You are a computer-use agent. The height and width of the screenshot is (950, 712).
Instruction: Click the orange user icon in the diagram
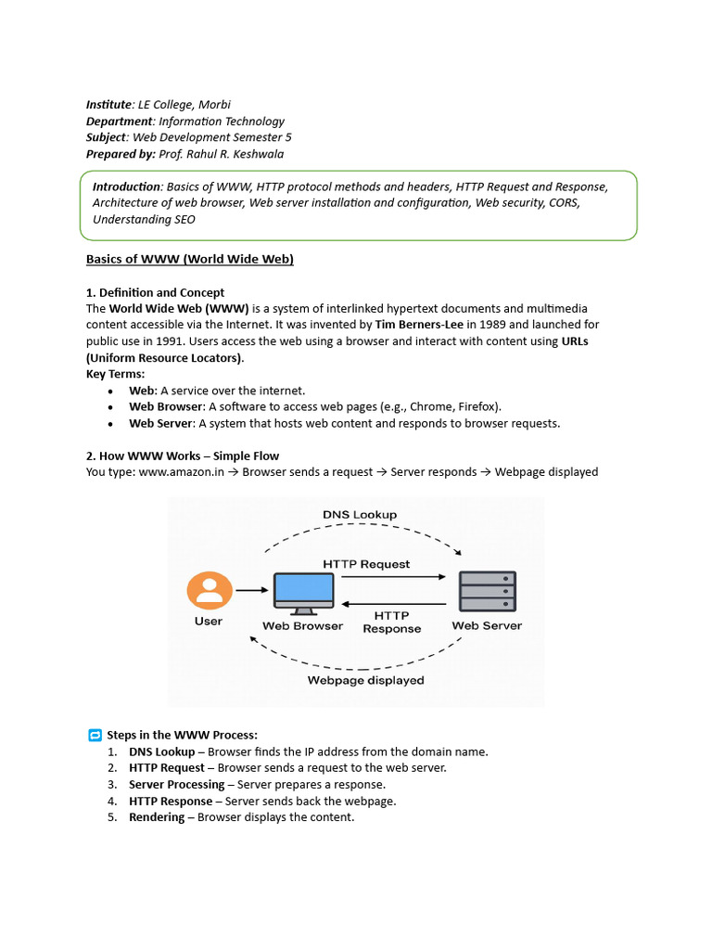coord(209,590)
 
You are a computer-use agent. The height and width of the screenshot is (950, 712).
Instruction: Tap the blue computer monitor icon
coord(303,591)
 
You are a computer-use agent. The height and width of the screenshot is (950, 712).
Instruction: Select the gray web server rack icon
coord(487,590)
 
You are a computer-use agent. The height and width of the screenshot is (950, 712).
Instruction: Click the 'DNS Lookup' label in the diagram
coord(360,514)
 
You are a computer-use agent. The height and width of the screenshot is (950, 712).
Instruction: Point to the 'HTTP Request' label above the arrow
coord(366,563)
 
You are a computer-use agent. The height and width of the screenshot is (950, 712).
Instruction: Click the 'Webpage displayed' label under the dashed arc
coord(365,680)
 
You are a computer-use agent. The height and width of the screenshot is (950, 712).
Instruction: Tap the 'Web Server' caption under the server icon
coord(487,625)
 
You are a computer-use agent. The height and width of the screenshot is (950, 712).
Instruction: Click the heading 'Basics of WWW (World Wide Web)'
coord(190,259)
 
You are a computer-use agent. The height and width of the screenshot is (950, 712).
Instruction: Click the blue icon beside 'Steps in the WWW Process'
coord(95,736)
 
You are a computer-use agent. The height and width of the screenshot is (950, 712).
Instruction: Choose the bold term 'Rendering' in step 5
coord(157,817)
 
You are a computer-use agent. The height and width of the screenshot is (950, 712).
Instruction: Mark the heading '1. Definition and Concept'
coord(156,292)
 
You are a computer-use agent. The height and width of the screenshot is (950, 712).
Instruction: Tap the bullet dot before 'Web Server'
coord(110,424)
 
